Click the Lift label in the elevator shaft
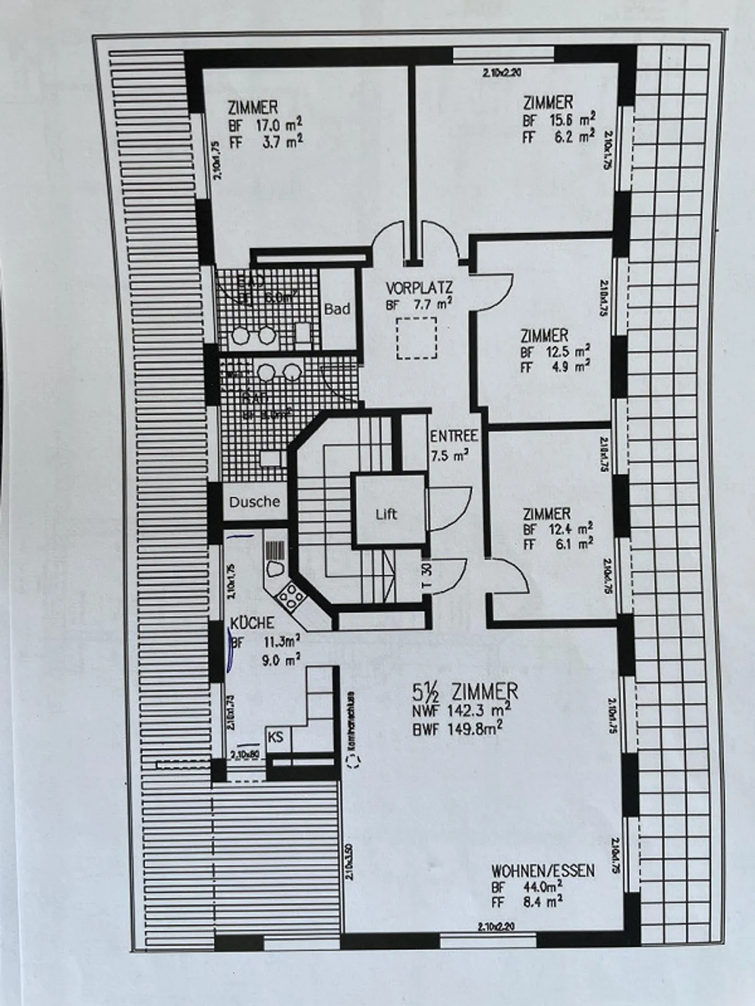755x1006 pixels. click(386, 514)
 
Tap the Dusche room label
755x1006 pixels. click(255, 502)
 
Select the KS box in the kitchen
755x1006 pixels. click(276, 737)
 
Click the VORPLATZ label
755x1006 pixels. click(419, 288)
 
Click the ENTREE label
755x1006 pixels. click(454, 436)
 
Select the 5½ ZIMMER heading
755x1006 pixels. click(466, 692)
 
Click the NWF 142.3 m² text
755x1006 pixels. click(462, 711)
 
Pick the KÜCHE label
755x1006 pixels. click(252, 623)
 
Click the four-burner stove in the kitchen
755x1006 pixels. click(289, 596)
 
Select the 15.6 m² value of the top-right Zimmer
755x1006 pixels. click(572, 119)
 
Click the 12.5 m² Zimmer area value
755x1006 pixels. click(568, 351)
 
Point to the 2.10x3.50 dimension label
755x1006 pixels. click(350, 860)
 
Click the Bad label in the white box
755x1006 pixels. click(337, 309)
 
